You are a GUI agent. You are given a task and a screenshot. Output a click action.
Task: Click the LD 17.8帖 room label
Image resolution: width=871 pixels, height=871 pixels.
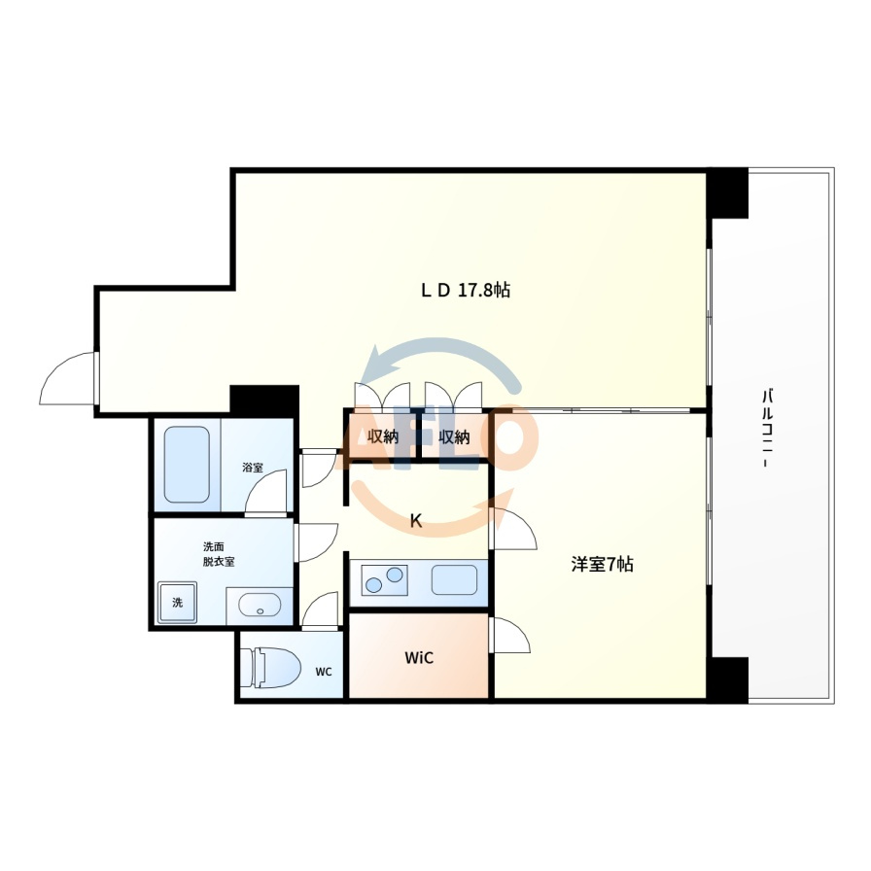coord(465,290)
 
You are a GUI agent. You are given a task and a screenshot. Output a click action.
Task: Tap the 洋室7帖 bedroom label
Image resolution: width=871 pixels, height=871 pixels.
coord(602,565)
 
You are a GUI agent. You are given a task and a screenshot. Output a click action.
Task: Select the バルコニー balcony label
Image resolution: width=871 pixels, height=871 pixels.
coord(769,429)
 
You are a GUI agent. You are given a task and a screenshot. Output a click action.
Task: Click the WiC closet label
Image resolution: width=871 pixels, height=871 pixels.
coord(419,658)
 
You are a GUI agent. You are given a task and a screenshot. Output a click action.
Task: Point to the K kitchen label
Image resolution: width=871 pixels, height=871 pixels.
coord(415,520)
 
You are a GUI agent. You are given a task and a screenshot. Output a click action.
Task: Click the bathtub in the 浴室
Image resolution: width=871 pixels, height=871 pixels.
coord(188,465)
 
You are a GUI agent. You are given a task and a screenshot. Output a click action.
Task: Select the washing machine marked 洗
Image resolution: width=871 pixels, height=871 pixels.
coord(177,602)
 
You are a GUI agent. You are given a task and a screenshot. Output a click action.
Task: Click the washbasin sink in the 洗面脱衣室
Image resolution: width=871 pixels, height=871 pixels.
coord(260,605)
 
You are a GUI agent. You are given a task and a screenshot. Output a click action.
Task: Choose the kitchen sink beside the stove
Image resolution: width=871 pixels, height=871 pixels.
coord(454,579)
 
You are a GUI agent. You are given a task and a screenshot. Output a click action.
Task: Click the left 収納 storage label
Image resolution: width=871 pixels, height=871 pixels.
coord(383,436)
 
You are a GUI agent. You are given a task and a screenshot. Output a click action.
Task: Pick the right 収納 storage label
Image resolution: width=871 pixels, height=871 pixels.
coord(454,436)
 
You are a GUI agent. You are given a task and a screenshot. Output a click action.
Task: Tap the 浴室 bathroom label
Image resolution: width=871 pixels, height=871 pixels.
coord(253,468)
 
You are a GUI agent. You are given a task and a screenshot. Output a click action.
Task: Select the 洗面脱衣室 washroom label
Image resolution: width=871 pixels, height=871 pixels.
coord(219,554)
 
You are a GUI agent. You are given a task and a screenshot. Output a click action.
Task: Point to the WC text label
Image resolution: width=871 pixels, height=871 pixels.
coord(324,672)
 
